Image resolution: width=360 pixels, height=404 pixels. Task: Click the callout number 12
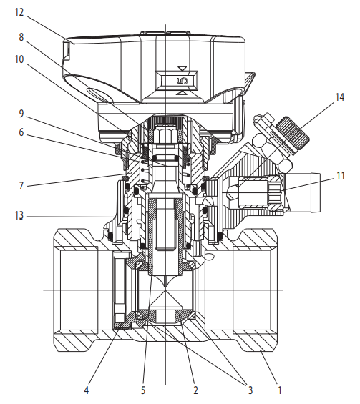click(x=19, y=12)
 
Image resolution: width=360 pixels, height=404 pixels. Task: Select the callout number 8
click(x=21, y=37)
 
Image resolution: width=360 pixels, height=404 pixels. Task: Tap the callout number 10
click(x=19, y=59)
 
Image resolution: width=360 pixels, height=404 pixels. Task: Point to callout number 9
click(x=21, y=114)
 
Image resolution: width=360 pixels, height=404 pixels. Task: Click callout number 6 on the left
click(x=21, y=132)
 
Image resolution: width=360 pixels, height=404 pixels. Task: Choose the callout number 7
click(x=21, y=186)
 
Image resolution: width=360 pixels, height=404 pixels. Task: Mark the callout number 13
click(x=19, y=216)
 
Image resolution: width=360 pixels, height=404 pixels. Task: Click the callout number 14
click(x=340, y=97)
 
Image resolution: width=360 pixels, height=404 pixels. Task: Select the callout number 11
click(x=341, y=176)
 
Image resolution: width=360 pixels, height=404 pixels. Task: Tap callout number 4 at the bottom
click(x=87, y=390)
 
